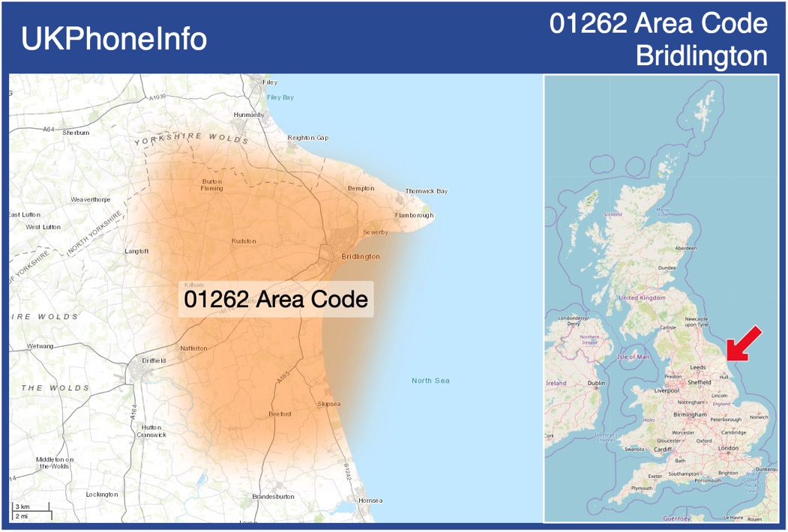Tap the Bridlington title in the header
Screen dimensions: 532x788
click(x=701, y=55)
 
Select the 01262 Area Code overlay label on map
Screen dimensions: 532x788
click(x=276, y=300)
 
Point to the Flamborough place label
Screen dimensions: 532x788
click(x=415, y=216)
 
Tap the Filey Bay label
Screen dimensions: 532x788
click(x=280, y=97)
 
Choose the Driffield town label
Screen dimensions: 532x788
click(x=153, y=360)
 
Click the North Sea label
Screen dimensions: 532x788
click(x=430, y=381)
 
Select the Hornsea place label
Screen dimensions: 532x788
click(x=370, y=501)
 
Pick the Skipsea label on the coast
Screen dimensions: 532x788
click(x=329, y=405)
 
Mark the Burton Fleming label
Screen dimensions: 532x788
click(x=212, y=184)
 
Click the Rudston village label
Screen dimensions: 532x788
click(x=244, y=241)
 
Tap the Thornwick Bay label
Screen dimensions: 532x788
click(x=426, y=191)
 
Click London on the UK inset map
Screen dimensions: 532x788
click(x=728, y=448)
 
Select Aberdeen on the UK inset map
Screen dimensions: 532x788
click(x=685, y=248)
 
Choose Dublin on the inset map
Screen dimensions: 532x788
click(x=597, y=383)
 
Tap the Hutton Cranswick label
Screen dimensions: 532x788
click(x=151, y=431)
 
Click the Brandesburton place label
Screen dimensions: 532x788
click(x=273, y=497)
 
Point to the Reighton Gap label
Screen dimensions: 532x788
click(x=307, y=138)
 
